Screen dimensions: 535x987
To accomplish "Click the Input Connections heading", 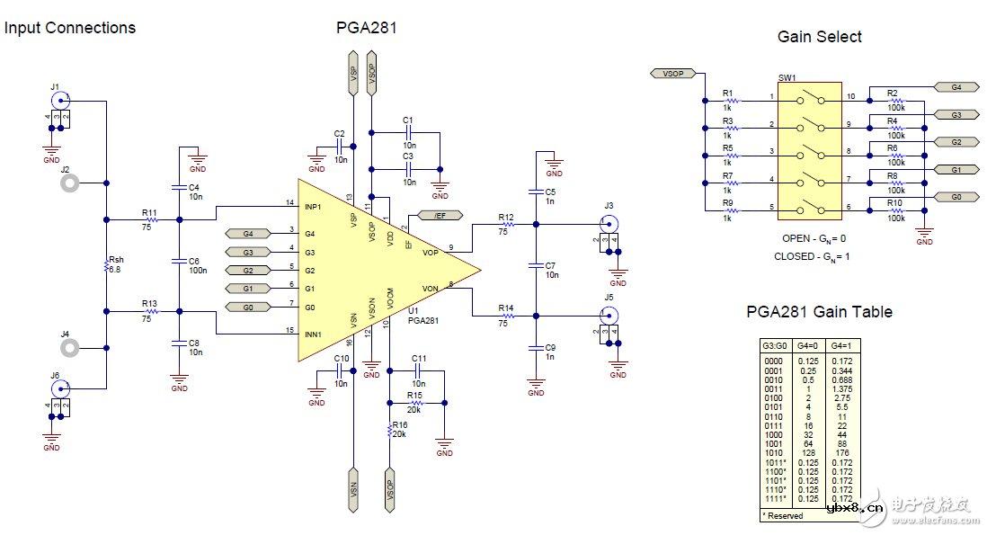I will (69, 28).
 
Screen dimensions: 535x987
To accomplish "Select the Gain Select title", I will (819, 37).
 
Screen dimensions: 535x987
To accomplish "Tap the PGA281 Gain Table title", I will (819, 312).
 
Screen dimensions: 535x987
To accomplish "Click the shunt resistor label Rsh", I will (114, 260).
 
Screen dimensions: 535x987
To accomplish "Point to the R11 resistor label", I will (149, 214).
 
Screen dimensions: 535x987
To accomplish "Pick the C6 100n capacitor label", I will (193, 265).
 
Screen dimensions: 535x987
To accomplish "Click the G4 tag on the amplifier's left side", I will (248, 234).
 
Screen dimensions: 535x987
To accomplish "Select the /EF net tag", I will (440, 217).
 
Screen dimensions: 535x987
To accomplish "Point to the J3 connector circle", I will (609, 224).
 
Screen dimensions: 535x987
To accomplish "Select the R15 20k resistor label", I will (414, 399).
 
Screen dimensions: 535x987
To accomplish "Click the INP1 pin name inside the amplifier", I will (314, 208).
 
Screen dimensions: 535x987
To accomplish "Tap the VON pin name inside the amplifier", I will (430, 289).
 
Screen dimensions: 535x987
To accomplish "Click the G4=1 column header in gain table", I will (840, 344).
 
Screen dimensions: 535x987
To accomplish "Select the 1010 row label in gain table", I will (773, 453).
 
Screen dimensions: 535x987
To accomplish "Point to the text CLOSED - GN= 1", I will (811, 256).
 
